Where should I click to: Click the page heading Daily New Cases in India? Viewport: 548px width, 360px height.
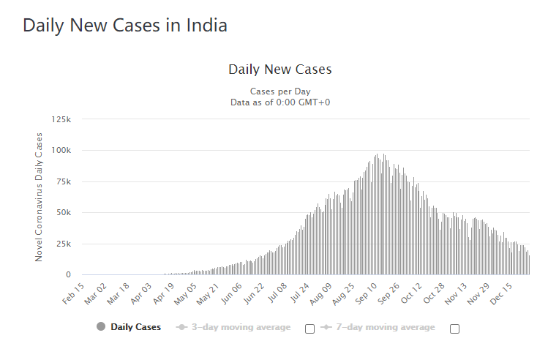click(125, 26)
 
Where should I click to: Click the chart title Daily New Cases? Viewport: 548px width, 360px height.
click(280, 70)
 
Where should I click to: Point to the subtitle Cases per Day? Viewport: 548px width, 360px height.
click(280, 91)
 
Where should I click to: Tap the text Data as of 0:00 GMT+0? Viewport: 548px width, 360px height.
click(280, 102)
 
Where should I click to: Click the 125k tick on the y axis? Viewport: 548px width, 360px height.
click(61, 119)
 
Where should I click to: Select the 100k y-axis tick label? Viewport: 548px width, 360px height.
click(61, 150)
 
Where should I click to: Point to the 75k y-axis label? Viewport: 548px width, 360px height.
click(63, 181)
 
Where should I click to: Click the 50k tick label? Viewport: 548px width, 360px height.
click(63, 213)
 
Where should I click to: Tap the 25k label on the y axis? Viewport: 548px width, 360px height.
click(63, 244)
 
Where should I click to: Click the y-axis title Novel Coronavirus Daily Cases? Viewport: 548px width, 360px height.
click(40, 197)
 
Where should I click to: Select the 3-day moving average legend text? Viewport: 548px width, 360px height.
click(241, 327)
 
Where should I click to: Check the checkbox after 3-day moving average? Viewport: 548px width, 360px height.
click(309, 329)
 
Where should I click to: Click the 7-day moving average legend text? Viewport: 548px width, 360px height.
click(385, 327)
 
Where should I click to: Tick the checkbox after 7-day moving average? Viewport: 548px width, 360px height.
click(454, 329)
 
